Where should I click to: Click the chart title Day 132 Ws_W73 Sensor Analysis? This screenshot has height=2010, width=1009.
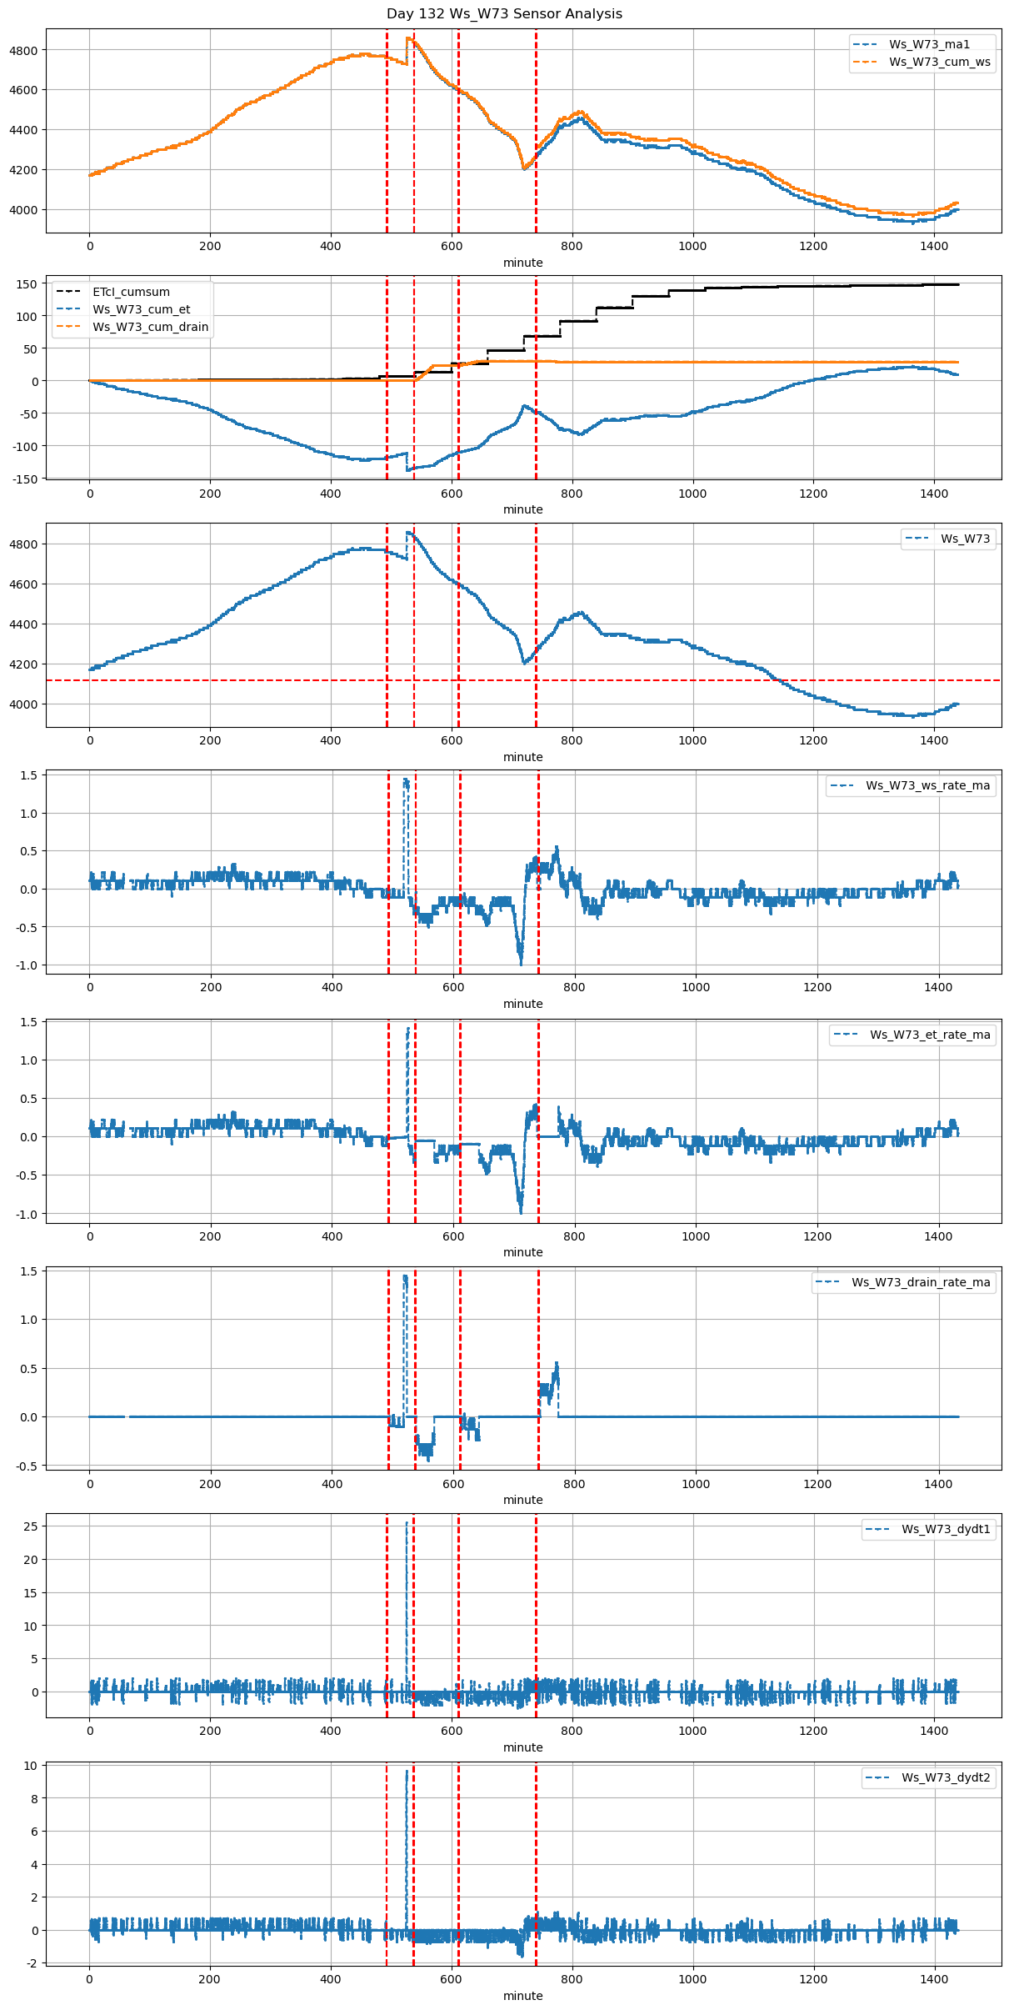click(x=504, y=14)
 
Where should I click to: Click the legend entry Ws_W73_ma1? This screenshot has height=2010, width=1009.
click(x=929, y=44)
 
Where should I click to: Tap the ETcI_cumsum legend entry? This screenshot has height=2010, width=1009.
click(x=131, y=292)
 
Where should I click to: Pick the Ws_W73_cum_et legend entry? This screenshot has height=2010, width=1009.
click(x=141, y=309)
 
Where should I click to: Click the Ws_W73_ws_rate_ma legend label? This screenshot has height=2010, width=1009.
click(x=927, y=785)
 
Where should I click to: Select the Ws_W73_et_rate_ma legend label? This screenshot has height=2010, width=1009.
click(x=930, y=1035)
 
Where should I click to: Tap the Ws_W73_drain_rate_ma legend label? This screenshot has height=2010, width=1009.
click(x=921, y=1282)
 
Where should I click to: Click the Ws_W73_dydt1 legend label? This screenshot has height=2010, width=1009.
click(x=946, y=1529)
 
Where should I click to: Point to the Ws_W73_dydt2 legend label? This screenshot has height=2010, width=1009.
click(x=946, y=1777)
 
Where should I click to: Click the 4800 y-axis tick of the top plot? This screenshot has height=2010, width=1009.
click(x=23, y=50)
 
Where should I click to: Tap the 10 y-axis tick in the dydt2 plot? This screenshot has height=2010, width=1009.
click(x=30, y=1766)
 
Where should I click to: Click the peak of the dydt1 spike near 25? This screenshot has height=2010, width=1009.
click(x=407, y=1523)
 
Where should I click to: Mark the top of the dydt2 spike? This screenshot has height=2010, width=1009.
click(x=407, y=1771)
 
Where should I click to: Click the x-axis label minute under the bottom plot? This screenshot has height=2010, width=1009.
click(x=522, y=1996)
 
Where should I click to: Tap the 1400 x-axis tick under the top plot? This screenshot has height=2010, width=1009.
click(x=934, y=246)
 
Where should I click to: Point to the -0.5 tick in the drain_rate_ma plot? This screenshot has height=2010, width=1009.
click(x=27, y=1466)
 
